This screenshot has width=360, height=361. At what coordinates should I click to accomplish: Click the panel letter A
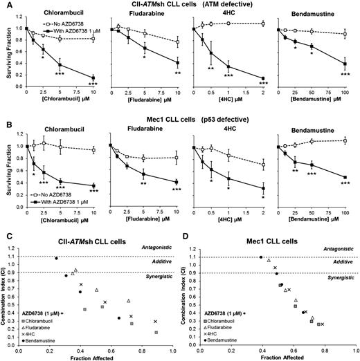tap(6, 6)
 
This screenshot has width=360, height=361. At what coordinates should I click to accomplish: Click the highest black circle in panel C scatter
tap(56, 258)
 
